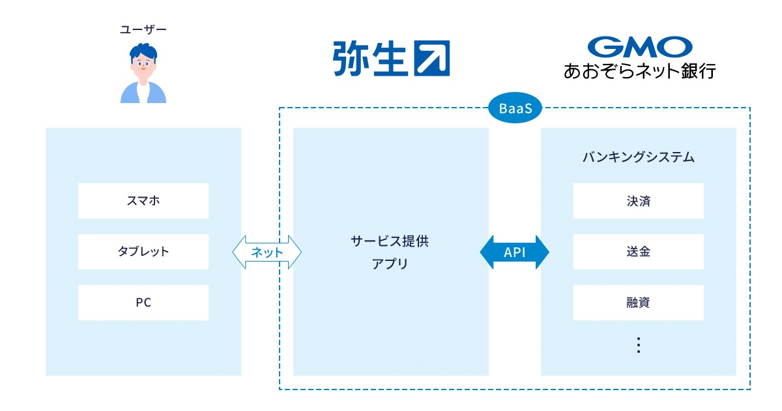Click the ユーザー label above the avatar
(x=143, y=29)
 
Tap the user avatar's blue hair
(x=143, y=50)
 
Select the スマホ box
(x=143, y=201)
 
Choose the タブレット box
(x=143, y=252)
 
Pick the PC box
(x=143, y=303)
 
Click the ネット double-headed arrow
(x=267, y=252)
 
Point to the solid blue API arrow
(x=514, y=252)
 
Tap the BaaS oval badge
(x=515, y=109)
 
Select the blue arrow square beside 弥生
(x=432, y=59)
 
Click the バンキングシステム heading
(x=639, y=157)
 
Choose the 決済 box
(x=639, y=201)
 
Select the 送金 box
(x=639, y=252)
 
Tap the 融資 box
(x=639, y=303)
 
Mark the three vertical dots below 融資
(x=639, y=345)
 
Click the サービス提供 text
(x=390, y=240)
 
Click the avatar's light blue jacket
(x=130, y=94)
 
